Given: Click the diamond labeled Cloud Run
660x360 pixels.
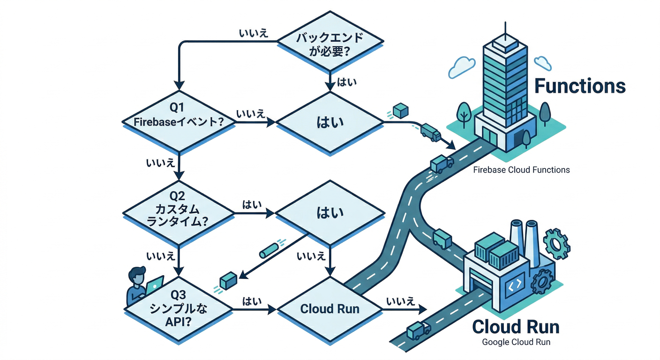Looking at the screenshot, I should click(x=330, y=309).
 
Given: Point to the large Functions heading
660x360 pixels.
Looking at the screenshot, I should click(x=580, y=86).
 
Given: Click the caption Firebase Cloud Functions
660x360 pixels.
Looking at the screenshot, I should click(x=521, y=170).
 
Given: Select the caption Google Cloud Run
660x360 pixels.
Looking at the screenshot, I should click(x=516, y=342).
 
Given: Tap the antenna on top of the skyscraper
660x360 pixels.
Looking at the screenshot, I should click(x=505, y=30).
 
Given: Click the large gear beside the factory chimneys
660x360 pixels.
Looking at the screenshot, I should click(x=557, y=244).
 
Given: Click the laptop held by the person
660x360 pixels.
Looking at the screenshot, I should click(x=154, y=285).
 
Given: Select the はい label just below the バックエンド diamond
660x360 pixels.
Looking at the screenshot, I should click(x=347, y=82).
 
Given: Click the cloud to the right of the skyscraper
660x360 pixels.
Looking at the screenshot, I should click(x=542, y=62).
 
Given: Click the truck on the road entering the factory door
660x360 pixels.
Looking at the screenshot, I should click(x=419, y=331).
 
